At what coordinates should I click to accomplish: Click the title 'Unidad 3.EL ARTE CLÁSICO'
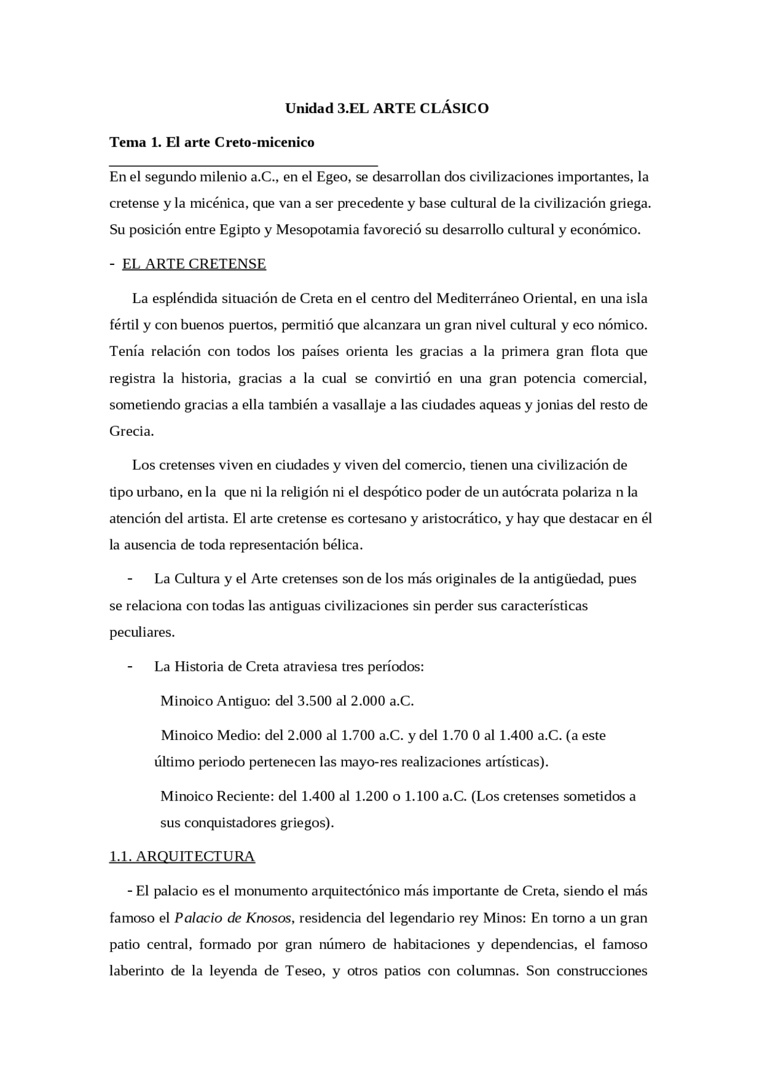(387, 108)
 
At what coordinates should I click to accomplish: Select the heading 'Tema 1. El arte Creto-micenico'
(212, 142)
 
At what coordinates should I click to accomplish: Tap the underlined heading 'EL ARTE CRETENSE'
(194, 264)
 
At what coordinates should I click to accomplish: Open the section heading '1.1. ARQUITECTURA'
(182, 857)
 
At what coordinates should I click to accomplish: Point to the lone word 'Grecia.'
(132, 432)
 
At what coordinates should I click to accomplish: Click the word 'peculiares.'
(142, 632)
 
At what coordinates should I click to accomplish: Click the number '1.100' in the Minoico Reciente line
(421, 796)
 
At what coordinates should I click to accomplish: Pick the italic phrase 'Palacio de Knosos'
(233, 918)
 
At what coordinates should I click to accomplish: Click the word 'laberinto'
(136, 971)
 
